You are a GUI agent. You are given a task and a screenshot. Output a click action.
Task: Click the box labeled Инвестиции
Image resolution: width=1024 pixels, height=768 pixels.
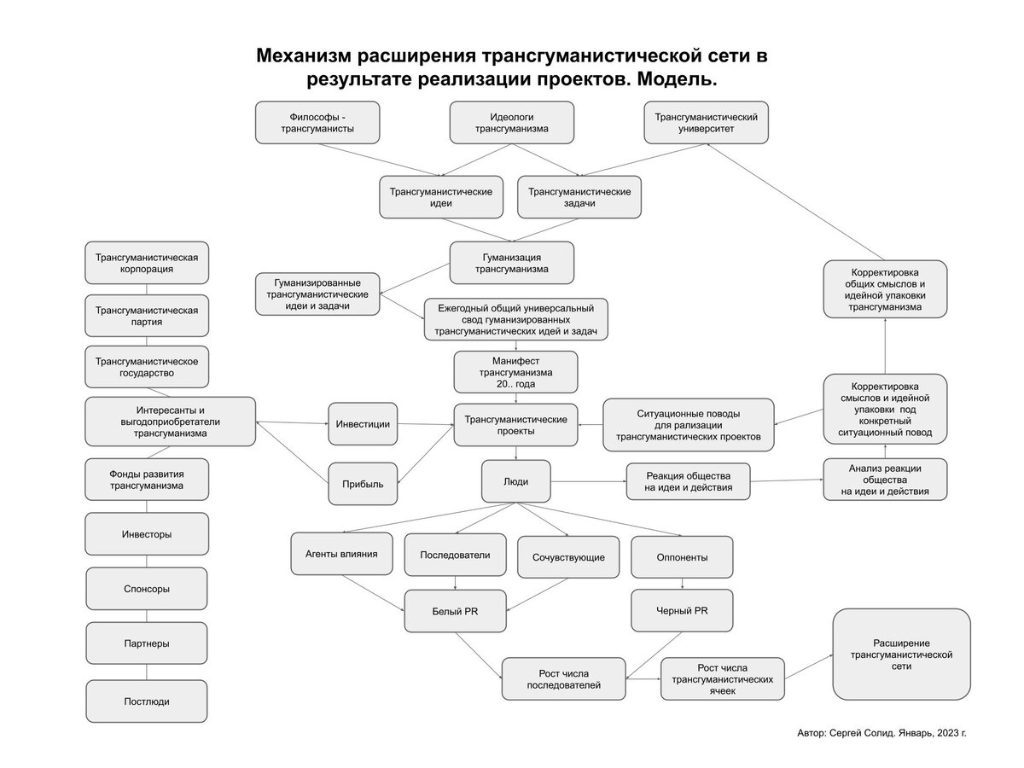(363, 424)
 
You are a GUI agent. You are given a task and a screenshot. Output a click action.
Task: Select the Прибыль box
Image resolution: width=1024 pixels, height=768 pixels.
(363, 484)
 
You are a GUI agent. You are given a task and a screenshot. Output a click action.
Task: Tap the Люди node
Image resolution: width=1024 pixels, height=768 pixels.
(515, 481)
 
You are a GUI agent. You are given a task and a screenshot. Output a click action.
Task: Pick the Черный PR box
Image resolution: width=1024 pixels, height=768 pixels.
(681, 610)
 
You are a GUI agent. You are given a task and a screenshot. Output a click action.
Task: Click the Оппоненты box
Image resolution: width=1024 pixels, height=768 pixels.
(681, 557)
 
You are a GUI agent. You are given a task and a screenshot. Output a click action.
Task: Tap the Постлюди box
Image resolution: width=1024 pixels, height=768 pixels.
(146, 701)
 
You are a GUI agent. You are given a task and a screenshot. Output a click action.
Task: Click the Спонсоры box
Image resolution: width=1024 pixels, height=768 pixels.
(146, 589)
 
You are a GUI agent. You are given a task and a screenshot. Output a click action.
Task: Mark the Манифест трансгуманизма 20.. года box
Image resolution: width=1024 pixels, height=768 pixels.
(515, 372)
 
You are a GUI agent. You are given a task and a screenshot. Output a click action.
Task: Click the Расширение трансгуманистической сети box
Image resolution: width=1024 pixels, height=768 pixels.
(901, 654)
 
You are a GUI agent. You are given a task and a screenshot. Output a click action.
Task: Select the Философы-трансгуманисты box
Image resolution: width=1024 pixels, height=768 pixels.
(317, 122)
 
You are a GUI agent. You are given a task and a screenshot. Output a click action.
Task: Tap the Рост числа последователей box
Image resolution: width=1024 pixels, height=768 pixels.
(563, 679)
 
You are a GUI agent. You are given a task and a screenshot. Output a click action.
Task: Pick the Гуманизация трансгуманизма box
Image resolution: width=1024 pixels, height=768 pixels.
(512, 263)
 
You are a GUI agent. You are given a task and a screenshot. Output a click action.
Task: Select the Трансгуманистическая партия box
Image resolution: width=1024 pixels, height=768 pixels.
(146, 317)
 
